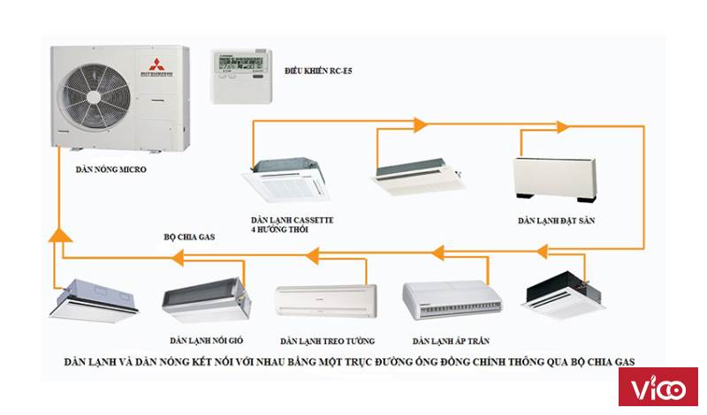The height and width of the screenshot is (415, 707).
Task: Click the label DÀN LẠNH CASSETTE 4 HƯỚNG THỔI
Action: [x=291, y=223]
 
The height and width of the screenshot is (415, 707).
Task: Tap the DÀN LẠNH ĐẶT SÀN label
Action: [x=556, y=221]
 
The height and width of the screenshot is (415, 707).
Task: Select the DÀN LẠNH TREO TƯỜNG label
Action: [x=327, y=340]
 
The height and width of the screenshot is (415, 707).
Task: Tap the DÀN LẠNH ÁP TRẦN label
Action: [x=451, y=340]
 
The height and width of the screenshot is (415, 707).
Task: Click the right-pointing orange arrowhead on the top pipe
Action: [x=421, y=123]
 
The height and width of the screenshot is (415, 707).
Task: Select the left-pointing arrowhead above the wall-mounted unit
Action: [x=311, y=256]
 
